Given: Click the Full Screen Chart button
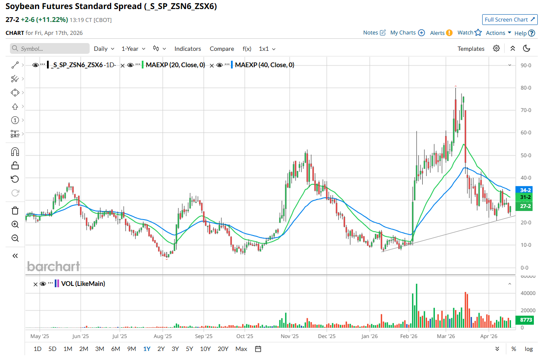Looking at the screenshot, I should coord(510,19).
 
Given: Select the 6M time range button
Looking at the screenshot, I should coord(115,349).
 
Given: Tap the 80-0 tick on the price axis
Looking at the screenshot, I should coord(526,88).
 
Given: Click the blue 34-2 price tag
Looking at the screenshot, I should coord(525,190).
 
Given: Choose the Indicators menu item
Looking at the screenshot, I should coord(187,49).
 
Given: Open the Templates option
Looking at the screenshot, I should coord(471,49).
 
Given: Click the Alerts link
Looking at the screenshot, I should coord(441,33).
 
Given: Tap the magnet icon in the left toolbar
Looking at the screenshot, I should coord(15,152).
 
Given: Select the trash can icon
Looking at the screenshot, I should coord(15,211).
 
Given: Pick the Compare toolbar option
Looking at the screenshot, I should coord(221,49).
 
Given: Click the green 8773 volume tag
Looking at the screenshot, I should coord(525,320).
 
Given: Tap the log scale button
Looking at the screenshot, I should coord(529,349).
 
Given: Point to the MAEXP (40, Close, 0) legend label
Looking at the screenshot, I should coord(265,65).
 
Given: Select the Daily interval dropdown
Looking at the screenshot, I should coord(104,49).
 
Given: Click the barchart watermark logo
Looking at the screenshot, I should coord(53,267).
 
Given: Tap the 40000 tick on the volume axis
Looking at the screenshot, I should coord(527,293).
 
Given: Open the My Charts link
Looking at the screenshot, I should coord(407,33).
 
